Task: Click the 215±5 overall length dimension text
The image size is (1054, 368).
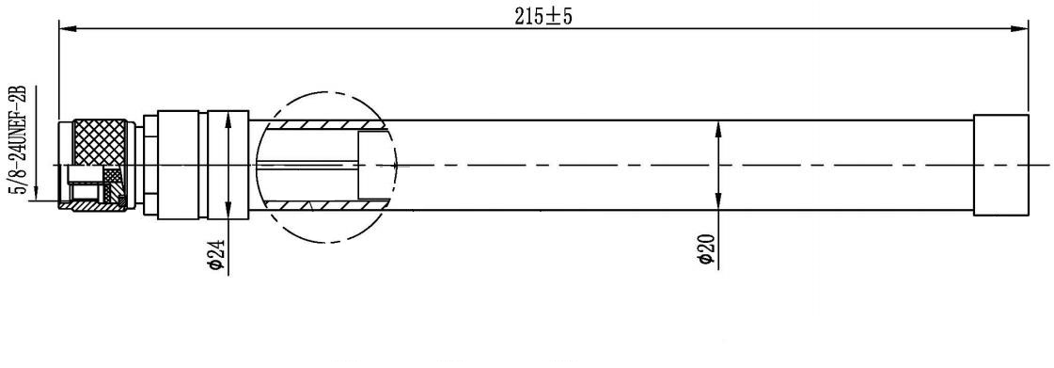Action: pos(543,16)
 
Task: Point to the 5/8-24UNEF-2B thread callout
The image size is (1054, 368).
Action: pos(17,140)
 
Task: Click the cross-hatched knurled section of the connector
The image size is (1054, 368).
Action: pos(100,143)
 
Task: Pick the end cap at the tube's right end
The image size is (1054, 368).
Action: pos(1001,165)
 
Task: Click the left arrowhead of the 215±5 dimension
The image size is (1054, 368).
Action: pos(68,28)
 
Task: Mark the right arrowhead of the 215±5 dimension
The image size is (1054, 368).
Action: pos(1020,28)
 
